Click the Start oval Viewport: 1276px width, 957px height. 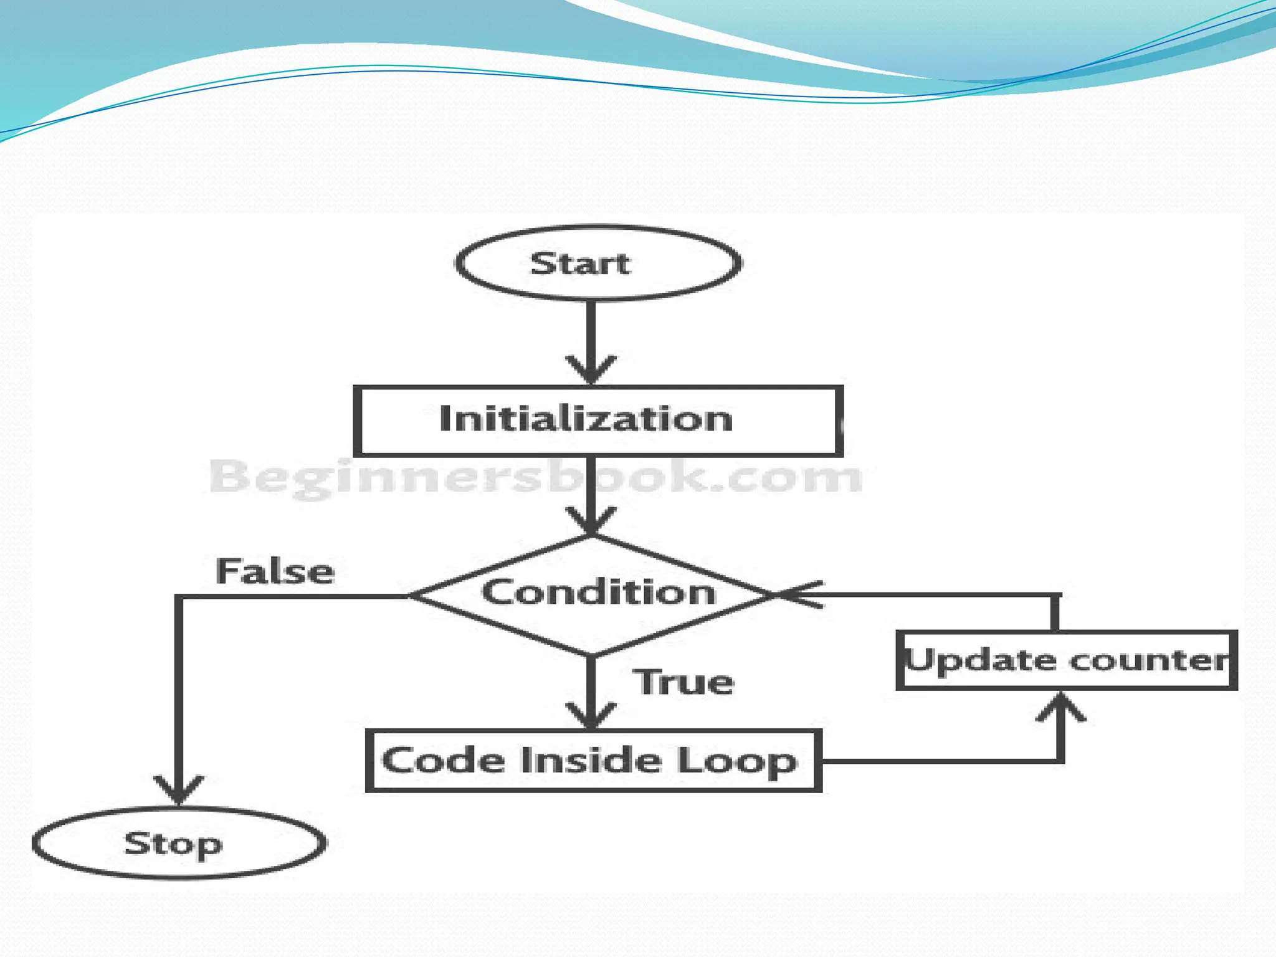[598, 263]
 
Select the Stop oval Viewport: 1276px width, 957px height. [179, 844]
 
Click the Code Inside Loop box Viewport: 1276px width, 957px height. [593, 761]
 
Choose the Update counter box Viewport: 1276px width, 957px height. [1066, 660]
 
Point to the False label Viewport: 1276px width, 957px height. [275, 571]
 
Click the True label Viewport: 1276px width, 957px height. [683, 682]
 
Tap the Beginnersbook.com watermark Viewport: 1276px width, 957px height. [536, 477]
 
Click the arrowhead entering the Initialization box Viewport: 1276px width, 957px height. [591, 370]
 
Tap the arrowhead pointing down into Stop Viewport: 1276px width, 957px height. [179, 790]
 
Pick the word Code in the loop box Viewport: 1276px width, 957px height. [443, 761]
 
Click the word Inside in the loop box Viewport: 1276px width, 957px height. [589, 761]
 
